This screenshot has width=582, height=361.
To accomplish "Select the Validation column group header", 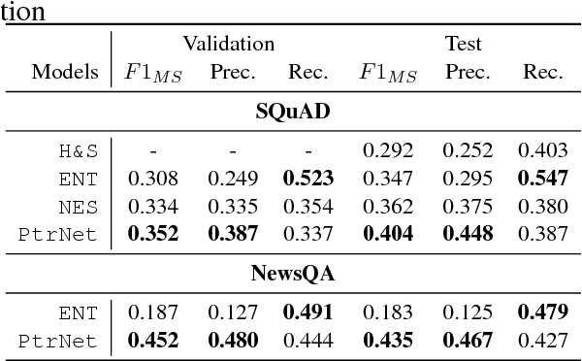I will pos(229,44).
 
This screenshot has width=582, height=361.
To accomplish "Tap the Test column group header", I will pos(464,44).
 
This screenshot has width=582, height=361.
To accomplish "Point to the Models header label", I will pos(65,73).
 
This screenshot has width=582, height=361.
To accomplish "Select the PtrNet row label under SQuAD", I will pos(60,234).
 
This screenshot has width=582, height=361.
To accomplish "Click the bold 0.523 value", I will pos(309,179).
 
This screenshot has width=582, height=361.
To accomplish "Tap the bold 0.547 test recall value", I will pos(543,179).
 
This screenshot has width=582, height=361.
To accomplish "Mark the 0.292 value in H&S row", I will pos(388,151).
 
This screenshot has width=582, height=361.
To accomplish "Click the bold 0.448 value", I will pos(467,234).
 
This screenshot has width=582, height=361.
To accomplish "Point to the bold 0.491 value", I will pos(309,313).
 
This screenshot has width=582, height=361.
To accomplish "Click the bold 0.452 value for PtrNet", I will pos(155,341).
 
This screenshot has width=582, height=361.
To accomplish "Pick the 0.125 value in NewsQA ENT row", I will pos(467,313).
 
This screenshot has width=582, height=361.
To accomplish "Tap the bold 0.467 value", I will pos(467,341).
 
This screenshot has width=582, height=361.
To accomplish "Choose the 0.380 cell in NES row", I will pos(543,207).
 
